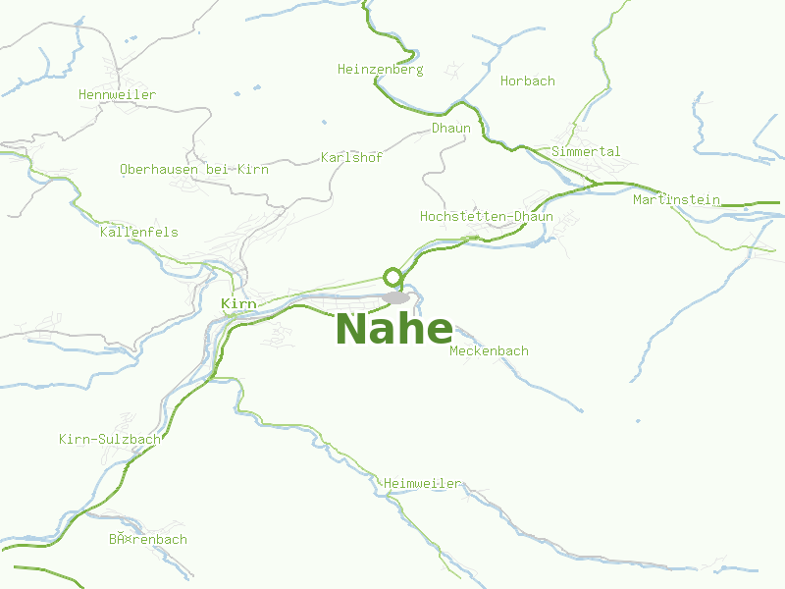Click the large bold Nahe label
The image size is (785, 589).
coord(394,329)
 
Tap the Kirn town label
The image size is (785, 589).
coord(238,303)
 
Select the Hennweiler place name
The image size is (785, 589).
coord(117,94)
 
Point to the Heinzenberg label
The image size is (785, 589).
coord(380,70)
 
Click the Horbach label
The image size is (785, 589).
coord(527,80)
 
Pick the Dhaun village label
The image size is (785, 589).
coord(451,129)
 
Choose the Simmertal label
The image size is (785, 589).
coord(586,151)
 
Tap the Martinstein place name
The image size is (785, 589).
coord(676,199)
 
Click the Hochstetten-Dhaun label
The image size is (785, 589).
coord(486,216)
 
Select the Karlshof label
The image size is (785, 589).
coord(351,157)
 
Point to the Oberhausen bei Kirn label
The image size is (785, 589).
coord(193,169)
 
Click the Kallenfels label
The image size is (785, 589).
coord(138,232)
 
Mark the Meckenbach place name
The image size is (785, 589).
coord(489,350)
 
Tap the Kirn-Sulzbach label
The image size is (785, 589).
coord(109,439)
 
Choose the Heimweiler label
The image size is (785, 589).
coord(422,483)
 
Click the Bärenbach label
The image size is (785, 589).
coord(147,539)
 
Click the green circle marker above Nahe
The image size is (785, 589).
coord(392,276)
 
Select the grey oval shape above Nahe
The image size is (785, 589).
coord(395,296)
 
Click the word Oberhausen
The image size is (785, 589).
coord(159,169)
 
